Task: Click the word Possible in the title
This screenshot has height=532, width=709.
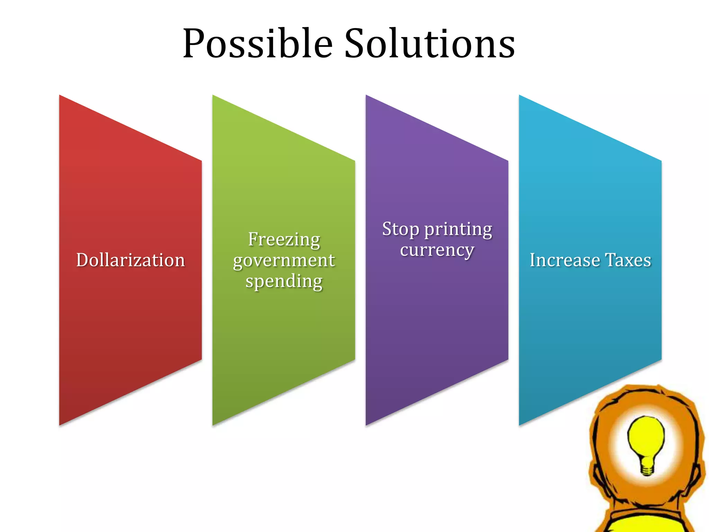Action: pyautogui.click(x=258, y=44)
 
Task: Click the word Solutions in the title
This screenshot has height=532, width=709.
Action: pyautogui.click(x=430, y=44)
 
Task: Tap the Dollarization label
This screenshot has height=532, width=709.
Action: pyautogui.click(x=131, y=260)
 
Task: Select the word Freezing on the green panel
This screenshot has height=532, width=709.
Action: pyautogui.click(x=284, y=240)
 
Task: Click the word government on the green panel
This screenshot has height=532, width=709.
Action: pyautogui.click(x=284, y=261)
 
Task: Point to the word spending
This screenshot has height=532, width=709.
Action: pyautogui.click(x=284, y=281)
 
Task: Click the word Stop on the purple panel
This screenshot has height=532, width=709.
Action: pyautogui.click(x=401, y=229)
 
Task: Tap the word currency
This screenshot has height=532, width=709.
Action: pyautogui.click(x=437, y=250)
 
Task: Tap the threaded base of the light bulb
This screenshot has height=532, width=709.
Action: pyautogui.click(x=647, y=468)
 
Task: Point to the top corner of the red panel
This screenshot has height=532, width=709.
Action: pyautogui.click(x=61, y=97)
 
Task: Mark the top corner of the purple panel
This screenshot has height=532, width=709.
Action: pyautogui.click(x=367, y=97)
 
